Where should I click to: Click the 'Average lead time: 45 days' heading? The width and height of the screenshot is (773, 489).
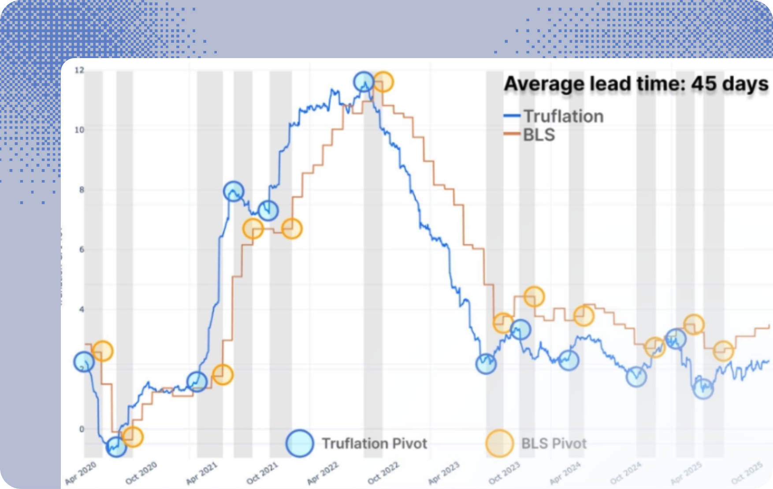click(635, 84)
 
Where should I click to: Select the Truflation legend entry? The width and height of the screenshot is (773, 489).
click(563, 116)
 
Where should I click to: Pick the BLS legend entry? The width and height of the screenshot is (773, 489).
click(539, 135)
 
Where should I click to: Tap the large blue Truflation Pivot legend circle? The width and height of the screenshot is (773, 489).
click(300, 443)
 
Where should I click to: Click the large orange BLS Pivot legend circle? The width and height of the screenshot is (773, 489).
click(500, 443)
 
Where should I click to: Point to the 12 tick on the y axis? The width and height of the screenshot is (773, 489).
click(79, 70)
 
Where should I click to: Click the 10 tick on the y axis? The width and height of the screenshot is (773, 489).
click(79, 130)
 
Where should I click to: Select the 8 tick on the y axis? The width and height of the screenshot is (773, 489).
click(81, 190)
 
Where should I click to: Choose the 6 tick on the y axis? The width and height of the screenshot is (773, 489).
click(81, 250)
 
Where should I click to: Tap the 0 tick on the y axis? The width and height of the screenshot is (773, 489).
click(81, 429)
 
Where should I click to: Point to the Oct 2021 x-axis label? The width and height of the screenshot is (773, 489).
click(263, 473)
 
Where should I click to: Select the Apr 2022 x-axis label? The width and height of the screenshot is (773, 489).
click(323, 473)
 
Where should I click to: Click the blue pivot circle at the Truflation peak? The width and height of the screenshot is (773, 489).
click(364, 81)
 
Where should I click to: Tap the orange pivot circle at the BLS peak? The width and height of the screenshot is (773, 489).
click(383, 82)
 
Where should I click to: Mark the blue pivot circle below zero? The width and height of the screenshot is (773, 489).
click(116, 447)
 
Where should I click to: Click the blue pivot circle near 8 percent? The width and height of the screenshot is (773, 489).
click(234, 191)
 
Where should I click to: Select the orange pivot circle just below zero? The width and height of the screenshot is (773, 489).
click(133, 437)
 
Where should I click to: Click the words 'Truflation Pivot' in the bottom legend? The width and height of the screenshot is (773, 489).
click(374, 443)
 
